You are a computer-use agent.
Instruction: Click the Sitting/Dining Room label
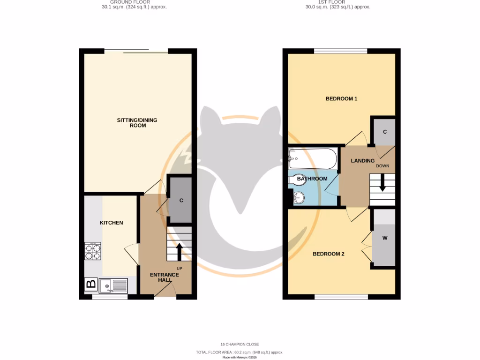pos(137,123)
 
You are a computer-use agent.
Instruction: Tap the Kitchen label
pos(112,223)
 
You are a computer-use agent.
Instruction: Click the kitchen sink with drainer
pos(113,285)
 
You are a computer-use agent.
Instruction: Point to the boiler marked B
pos(91,284)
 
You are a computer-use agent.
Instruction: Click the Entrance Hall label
pos(164,277)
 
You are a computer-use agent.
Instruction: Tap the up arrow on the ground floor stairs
pos(179,251)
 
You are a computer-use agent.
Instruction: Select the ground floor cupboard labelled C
pos(180,201)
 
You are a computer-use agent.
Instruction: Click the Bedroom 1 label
pos(342,99)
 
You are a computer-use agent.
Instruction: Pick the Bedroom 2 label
pos(329,254)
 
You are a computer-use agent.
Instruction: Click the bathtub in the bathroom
pos(313,159)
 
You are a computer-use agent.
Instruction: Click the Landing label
pos(363,161)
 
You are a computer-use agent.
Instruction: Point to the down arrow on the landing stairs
pos(382,183)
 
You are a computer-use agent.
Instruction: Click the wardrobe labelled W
pos(385,238)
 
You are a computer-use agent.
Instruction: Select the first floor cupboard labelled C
pos(385,132)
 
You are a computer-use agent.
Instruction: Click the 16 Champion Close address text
pos(240,345)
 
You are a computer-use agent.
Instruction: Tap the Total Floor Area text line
pos(240,352)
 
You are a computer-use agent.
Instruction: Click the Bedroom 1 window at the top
pos(341,51)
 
